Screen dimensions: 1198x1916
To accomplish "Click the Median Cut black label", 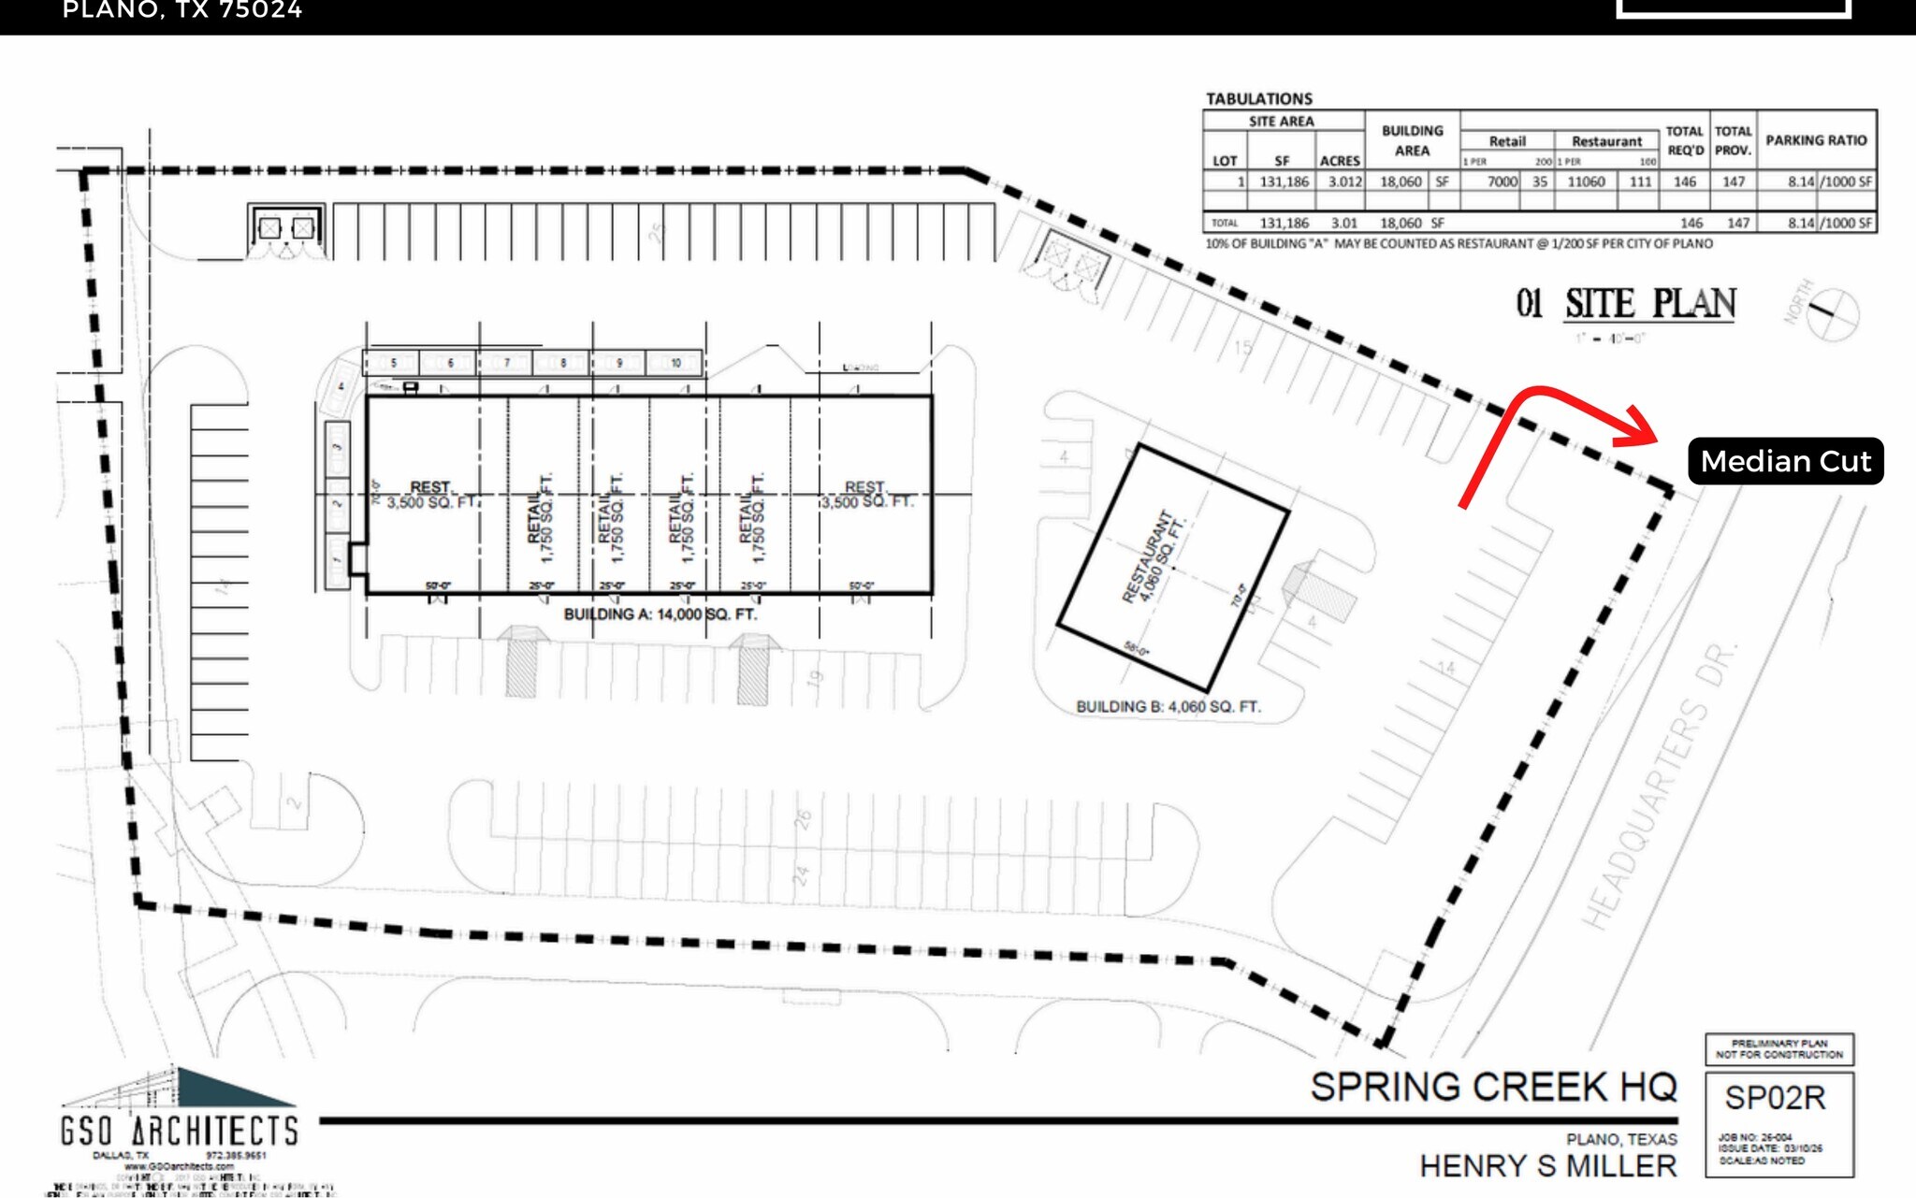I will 1785,461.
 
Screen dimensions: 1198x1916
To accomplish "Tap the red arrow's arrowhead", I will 1640,427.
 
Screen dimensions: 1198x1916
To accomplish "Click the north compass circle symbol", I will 1832,314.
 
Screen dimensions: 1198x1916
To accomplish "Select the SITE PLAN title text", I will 1650,304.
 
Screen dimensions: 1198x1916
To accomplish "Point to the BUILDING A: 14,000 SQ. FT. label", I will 660,614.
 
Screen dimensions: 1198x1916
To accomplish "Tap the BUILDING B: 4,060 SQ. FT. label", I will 1168,707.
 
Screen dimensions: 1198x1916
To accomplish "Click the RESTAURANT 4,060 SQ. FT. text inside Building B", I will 1153,558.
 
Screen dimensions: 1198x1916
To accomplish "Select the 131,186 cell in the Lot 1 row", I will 1284,181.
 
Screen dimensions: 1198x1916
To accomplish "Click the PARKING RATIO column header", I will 1816,140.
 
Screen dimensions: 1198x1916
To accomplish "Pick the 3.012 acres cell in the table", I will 1344,181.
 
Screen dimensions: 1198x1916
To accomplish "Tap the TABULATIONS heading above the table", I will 1258,98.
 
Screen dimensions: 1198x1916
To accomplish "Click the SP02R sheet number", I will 1775,1098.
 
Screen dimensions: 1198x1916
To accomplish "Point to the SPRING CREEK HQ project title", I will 1493,1087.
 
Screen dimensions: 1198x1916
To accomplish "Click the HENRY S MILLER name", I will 1547,1166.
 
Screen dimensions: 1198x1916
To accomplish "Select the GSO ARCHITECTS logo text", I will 180,1131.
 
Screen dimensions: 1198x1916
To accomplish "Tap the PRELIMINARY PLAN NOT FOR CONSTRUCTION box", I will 1778,1048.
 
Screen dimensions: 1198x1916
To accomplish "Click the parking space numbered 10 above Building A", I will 675,363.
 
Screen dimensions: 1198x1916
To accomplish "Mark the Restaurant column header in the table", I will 1605,141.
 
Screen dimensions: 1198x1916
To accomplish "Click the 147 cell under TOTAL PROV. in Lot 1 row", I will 1734,181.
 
